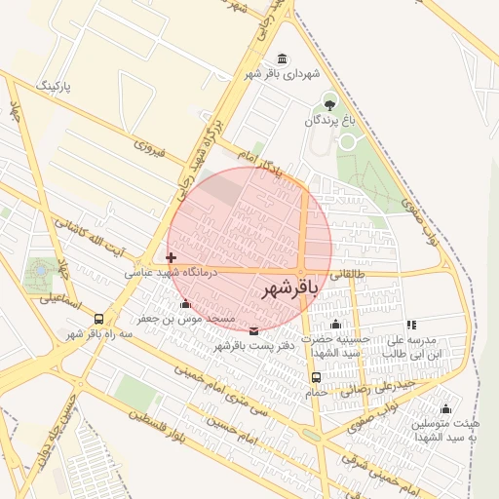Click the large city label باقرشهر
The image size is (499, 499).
(x=290, y=289)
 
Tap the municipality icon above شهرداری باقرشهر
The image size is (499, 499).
(x=282, y=58)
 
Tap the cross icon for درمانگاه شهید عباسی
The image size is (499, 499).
(x=172, y=258)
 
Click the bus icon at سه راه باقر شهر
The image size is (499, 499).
(x=98, y=319)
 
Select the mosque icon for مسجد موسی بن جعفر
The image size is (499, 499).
(x=185, y=304)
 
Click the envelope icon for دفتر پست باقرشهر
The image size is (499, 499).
(x=253, y=330)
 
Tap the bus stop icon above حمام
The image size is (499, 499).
(x=316, y=377)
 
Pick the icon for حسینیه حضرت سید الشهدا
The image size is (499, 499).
(x=336, y=325)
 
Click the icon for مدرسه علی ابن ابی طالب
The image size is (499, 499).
(x=411, y=325)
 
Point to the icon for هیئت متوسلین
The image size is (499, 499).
(x=446, y=408)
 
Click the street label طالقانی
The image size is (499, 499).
(x=356, y=276)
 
